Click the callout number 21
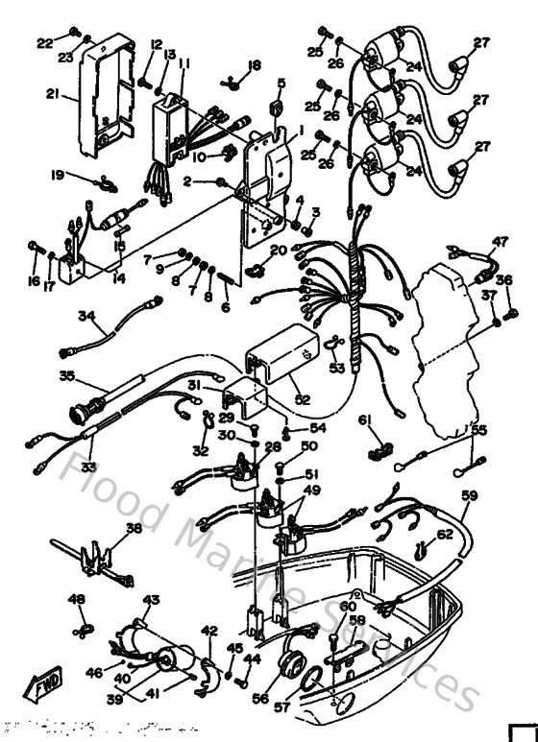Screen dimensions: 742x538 (x=52, y=94)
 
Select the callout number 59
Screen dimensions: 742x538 (x=469, y=496)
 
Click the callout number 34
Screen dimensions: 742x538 (x=87, y=315)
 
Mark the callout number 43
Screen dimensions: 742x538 (x=150, y=600)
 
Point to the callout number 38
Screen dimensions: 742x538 (x=133, y=528)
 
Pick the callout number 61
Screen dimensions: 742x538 (x=364, y=419)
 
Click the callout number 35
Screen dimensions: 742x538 (x=67, y=375)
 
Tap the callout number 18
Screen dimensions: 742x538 (x=255, y=65)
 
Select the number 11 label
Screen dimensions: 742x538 (x=183, y=63)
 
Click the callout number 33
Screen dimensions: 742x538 (x=89, y=467)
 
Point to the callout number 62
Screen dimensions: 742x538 (x=444, y=535)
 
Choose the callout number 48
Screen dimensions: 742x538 (x=77, y=599)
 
